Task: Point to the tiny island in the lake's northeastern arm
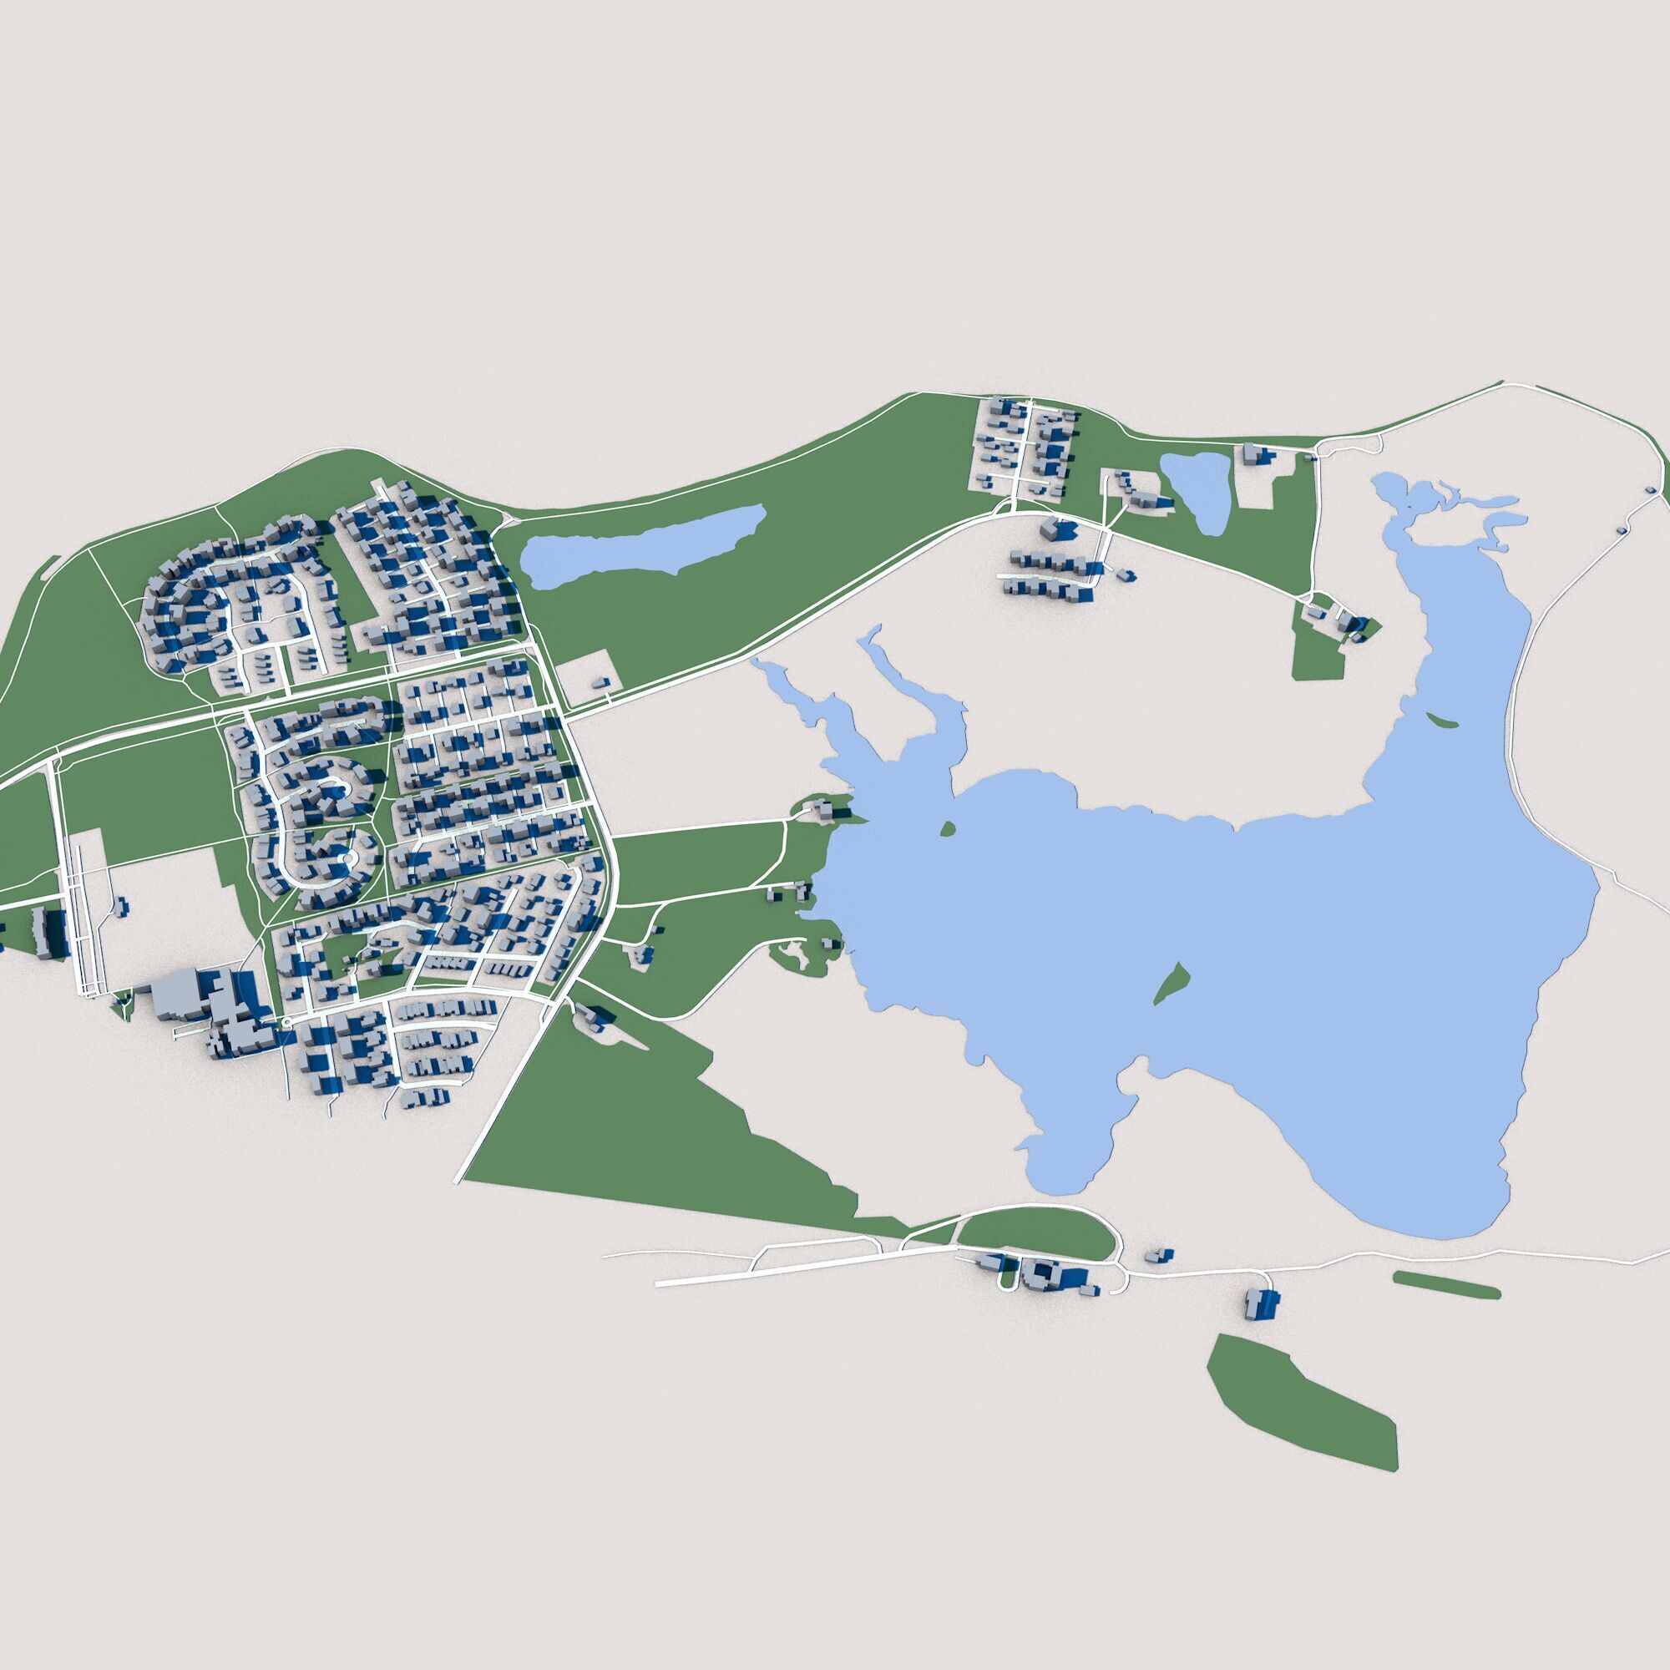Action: click(1441, 720)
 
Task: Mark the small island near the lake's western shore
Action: click(948, 830)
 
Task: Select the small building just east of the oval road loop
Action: click(1158, 1255)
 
